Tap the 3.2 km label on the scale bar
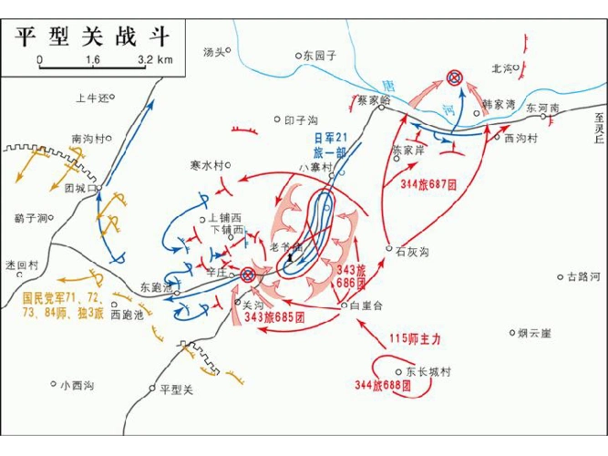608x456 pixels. (x=156, y=60)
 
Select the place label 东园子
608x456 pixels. (x=320, y=55)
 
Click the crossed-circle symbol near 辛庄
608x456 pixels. (x=247, y=274)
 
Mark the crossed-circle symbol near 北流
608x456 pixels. (x=454, y=79)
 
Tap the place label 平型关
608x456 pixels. (x=176, y=389)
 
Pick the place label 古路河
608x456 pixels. (x=583, y=275)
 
